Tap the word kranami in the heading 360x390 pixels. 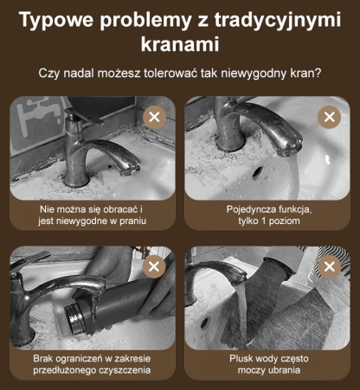click(x=180, y=44)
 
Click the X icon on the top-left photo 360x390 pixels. click(x=154, y=117)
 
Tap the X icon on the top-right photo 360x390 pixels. click(x=328, y=117)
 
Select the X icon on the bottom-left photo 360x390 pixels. click(x=154, y=266)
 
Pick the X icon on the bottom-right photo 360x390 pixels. click(x=328, y=266)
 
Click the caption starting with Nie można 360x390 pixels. click(x=91, y=215)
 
